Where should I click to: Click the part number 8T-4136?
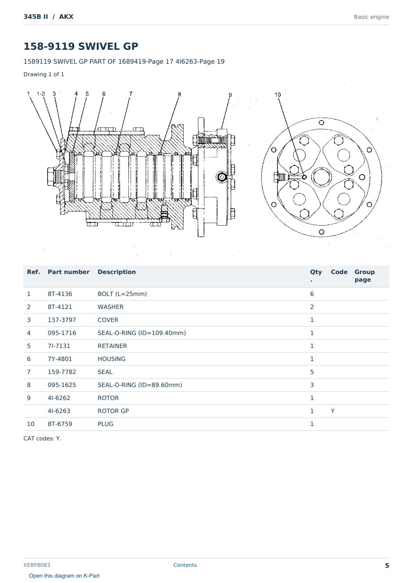pyautogui.click(x=60, y=294)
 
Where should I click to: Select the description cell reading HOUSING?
pyautogui.click(x=111, y=359)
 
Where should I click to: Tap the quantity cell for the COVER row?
pyautogui.click(x=312, y=320)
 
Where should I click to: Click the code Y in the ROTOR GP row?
pyautogui.click(x=333, y=411)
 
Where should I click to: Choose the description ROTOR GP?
pyautogui.click(x=113, y=411)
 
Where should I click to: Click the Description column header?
pyautogui.click(x=116, y=272)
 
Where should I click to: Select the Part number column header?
pyautogui.click(x=68, y=272)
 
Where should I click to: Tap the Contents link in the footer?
pyautogui.click(x=185, y=565)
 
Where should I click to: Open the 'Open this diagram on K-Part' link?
pyautogui.click(x=64, y=576)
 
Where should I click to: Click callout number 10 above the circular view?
pyautogui.click(x=278, y=95)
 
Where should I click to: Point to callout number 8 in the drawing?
pyautogui.click(x=179, y=94)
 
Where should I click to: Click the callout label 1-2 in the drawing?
pyautogui.click(x=41, y=94)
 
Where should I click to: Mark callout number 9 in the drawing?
pyautogui.click(x=230, y=95)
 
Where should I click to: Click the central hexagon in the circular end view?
pyautogui.click(x=321, y=177)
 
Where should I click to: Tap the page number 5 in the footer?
pyautogui.click(x=387, y=566)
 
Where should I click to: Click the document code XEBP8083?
pyautogui.click(x=37, y=565)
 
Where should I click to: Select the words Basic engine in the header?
pyautogui.click(x=371, y=17)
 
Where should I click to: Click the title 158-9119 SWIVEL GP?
pyautogui.click(x=81, y=46)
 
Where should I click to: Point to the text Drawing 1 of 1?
pyautogui.click(x=44, y=74)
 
